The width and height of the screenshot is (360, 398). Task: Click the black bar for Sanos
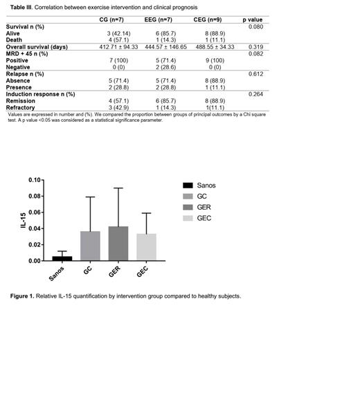point(62,258)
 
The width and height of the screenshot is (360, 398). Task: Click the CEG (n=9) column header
point(213,20)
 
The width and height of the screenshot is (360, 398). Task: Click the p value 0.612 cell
point(255,73)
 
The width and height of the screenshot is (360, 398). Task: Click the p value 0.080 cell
point(255,26)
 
